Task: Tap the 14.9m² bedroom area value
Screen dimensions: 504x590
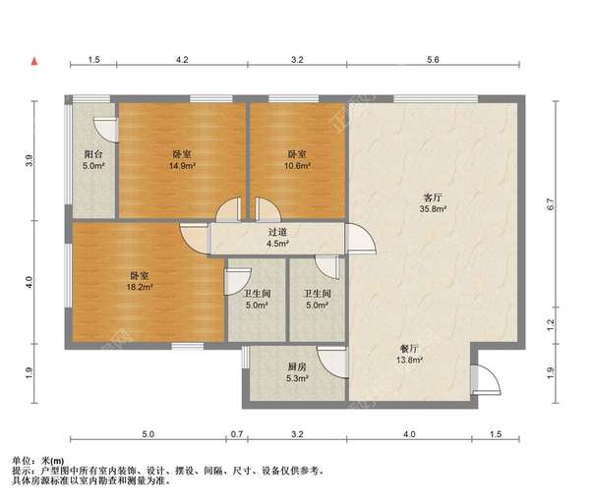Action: click(182, 166)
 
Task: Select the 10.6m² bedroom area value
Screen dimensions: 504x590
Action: click(297, 166)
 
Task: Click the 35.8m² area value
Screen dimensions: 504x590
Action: click(433, 209)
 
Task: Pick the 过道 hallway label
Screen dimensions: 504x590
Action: click(278, 233)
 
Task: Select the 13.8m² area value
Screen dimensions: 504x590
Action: click(410, 361)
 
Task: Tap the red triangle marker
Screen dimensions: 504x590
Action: click(34, 62)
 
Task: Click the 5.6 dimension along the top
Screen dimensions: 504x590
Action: click(433, 61)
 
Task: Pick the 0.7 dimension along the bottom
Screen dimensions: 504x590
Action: click(236, 433)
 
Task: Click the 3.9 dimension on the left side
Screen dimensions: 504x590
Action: click(30, 160)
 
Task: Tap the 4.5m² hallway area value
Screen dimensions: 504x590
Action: click(278, 245)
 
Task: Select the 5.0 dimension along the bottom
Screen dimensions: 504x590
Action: click(147, 433)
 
